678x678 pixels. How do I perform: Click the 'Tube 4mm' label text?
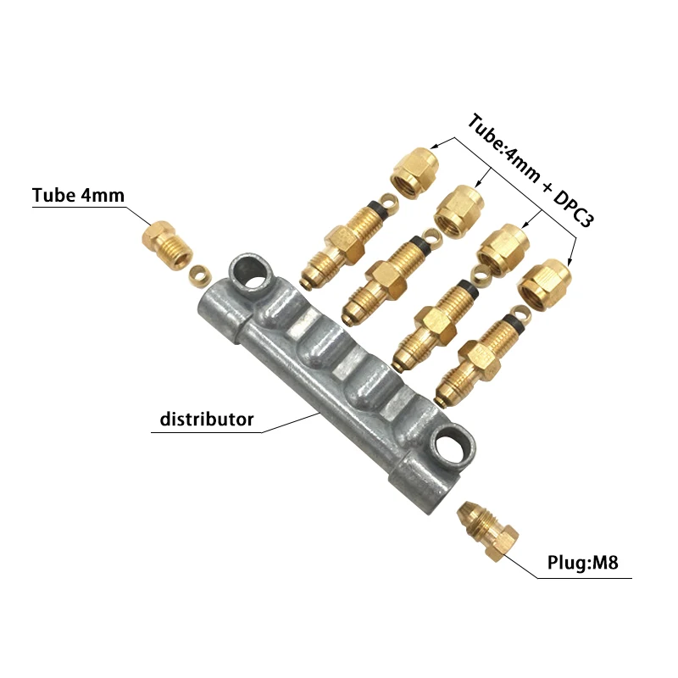click(x=78, y=195)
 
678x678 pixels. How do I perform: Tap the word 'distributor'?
click(x=207, y=419)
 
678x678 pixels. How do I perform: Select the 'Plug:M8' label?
click(x=583, y=563)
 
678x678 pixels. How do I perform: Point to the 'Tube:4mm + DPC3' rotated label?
click(x=531, y=170)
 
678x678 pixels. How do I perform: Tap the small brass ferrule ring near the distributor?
click(x=200, y=274)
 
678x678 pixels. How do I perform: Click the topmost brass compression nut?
click(x=414, y=173)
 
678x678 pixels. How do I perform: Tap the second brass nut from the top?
click(x=458, y=210)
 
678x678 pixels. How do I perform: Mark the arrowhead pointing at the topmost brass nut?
click(x=436, y=146)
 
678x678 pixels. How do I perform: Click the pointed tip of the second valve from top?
click(x=347, y=321)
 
